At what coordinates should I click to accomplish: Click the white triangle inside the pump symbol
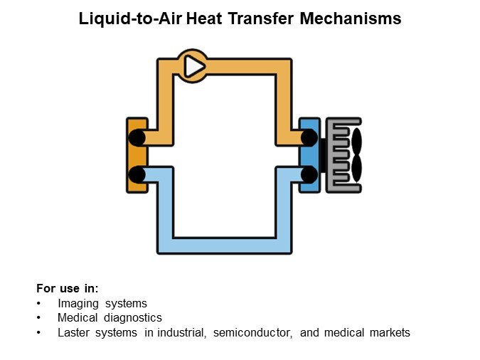click(193, 66)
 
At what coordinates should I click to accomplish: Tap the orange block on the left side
click(137, 155)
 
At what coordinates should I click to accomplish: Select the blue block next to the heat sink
click(309, 155)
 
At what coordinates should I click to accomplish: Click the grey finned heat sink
click(341, 155)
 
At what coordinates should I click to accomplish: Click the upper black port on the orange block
click(137, 137)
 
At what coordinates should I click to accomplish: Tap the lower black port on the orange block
click(137, 174)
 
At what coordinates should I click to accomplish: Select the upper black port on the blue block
click(309, 137)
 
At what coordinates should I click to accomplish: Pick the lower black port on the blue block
click(309, 174)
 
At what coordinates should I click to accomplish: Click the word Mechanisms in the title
click(351, 18)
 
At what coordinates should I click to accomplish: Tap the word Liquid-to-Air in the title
click(130, 19)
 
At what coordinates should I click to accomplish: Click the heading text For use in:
click(68, 288)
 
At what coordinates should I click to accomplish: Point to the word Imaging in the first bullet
click(78, 304)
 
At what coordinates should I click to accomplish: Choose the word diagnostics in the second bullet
click(133, 318)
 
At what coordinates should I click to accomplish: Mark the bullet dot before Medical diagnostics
click(38, 318)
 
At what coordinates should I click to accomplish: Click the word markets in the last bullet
click(390, 332)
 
